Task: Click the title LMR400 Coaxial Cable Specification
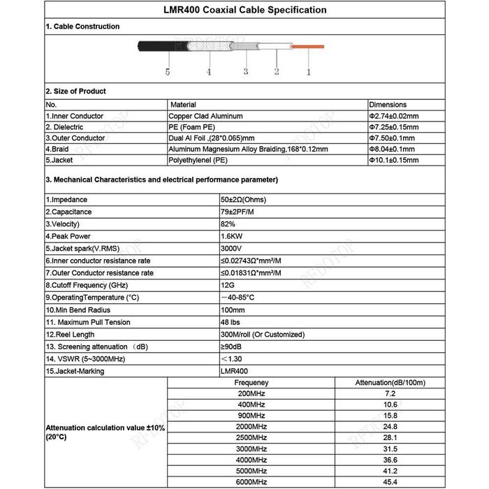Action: [245, 10]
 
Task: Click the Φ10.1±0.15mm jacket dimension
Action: [393, 161]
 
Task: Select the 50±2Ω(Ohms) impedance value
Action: [244, 200]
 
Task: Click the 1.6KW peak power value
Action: [231, 236]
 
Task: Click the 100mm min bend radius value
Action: [232, 309]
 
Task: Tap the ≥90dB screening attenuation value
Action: [232, 346]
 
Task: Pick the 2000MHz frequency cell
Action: [251, 427]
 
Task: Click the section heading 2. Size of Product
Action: [76, 92]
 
